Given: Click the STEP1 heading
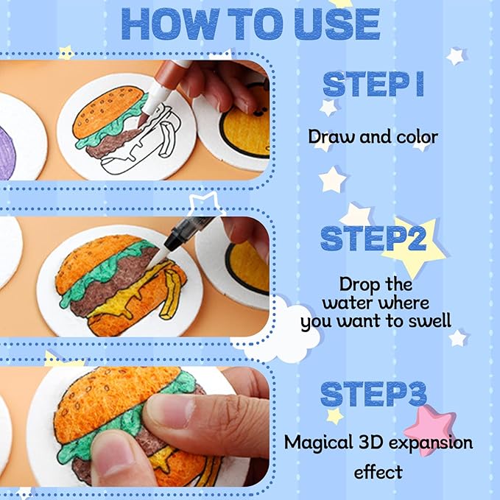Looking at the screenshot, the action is (x=373, y=84).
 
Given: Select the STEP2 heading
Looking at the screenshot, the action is (x=373, y=238).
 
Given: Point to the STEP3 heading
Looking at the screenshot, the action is (x=373, y=394).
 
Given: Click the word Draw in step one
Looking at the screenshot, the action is (x=331, y=137).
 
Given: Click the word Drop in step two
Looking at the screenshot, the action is (x=359, y=285).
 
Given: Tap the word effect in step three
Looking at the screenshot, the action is (x=378, y=472).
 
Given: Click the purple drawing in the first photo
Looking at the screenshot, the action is (x=7, y=153).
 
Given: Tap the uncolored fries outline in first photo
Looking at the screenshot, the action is (x=167, y=141).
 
